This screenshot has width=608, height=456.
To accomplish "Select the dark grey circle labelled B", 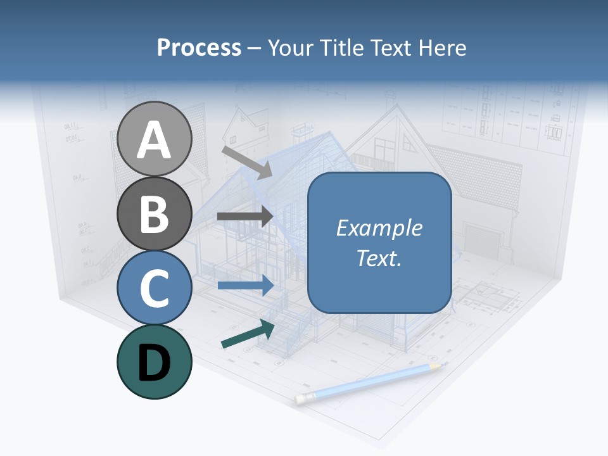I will point(154,213).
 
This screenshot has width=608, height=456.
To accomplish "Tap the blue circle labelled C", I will point(154,288).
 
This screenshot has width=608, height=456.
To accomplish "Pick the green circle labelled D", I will point(154,362).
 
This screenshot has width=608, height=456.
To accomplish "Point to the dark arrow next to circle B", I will point(244,216).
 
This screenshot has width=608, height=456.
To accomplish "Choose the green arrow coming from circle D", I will point(248,334).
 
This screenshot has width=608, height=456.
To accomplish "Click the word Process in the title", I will point(199,48).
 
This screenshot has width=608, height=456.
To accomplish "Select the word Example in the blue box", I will point(379,228).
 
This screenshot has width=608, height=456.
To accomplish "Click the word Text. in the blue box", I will point(379,258).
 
